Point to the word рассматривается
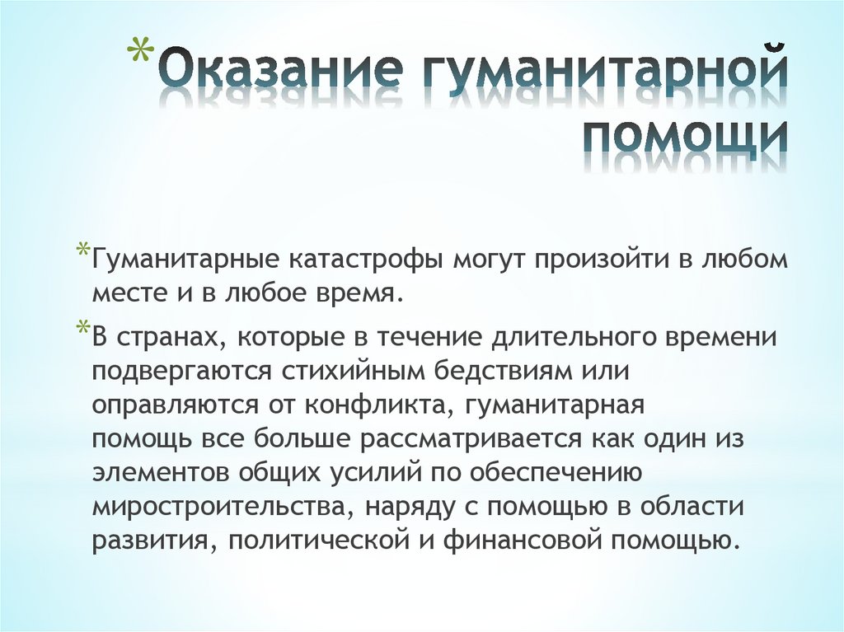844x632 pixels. coord(471,439)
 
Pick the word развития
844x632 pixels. coord(155,541)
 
